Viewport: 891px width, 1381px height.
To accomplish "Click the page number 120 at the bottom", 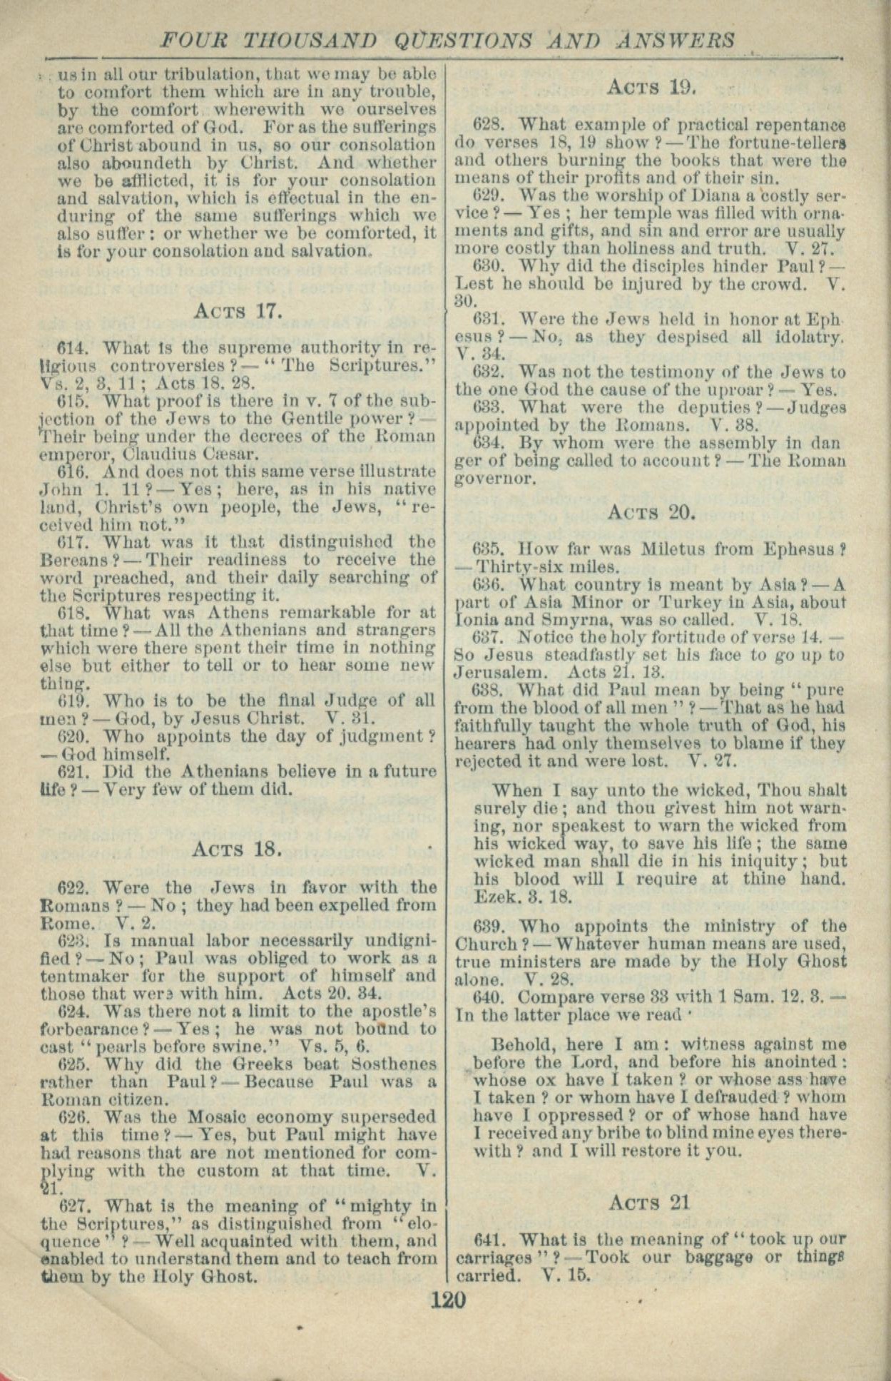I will pyautogui.click(x=448, y=1299).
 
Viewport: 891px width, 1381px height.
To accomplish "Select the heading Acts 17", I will pyautogui.click(x=239, y=311).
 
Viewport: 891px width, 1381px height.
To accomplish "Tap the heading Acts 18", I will pyautogui.click(x=238, y=849).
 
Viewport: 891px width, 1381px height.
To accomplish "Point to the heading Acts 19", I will pyautogui.click(x=651, y=88).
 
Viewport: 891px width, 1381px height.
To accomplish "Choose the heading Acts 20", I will pyautogui.click(x=651, y=512).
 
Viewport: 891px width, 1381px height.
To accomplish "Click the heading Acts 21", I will pyautogui.click(x=649, y=1203).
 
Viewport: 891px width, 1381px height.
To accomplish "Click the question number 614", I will pyautogui.click(x=71, y=349).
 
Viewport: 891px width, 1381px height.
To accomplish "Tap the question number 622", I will pyautogui.click(x=72, y=888).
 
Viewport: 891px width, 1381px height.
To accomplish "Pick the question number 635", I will pyautogui.click(x=488, y=550).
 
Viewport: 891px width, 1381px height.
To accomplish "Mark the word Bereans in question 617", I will pyautogui.click(x=74, y=560).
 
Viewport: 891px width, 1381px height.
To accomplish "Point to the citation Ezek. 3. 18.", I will pyautogui.click(x=523, y=896).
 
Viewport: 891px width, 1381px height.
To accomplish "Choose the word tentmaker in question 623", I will pyautogui.click(x=82, y=976).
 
